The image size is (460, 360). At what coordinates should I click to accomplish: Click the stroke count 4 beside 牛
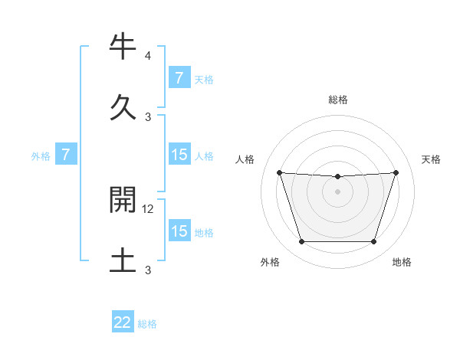(x=148, y=56)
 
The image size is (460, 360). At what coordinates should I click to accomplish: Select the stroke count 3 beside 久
(x=148, y=116)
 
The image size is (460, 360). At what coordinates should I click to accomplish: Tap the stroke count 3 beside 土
(x=148, y=270)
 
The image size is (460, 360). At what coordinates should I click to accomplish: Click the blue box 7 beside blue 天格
(x=179, y=77)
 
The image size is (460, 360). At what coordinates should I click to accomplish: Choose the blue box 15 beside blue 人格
(x=179, y=155)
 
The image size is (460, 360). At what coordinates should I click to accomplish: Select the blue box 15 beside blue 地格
(x=179, y=231)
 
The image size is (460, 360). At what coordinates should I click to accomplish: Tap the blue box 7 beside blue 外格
(x=66, y=155)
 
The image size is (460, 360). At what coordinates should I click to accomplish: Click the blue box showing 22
(x=123, y=322)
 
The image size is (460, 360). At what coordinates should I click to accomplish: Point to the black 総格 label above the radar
(x=338, y=100)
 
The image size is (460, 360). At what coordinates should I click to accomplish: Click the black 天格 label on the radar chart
(x=432, y=159)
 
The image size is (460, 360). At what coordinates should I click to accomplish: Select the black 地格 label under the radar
(x=402, y=263)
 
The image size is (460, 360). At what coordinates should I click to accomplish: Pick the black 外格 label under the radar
(x=270, y=263)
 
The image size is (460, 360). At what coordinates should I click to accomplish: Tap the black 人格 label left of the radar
(x=245, y=159)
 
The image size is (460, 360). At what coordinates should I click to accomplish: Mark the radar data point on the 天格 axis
(x=396, y=172)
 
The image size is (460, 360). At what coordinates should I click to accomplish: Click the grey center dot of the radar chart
(x=337, y=191)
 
